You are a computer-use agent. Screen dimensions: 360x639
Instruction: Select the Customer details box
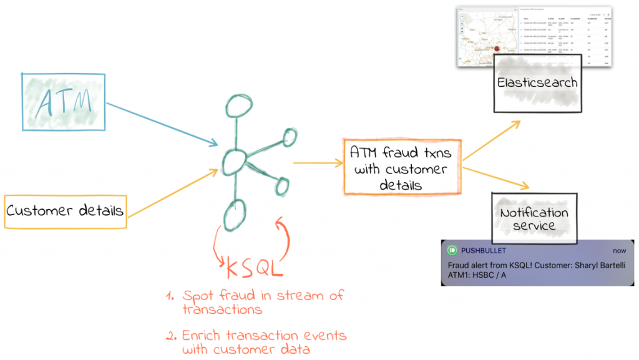(64, 211)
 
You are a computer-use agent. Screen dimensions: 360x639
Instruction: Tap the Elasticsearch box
(537, 82)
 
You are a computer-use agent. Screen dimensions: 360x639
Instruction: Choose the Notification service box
(534, 218)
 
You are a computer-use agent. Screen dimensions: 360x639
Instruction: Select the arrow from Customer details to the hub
(172, 193)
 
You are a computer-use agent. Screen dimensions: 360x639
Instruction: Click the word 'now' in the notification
(619, 250)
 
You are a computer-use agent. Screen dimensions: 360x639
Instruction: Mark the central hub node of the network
(232, 162)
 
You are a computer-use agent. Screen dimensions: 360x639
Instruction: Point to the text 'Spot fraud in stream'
(262, 296)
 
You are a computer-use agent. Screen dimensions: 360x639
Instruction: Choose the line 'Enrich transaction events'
(264, 335)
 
